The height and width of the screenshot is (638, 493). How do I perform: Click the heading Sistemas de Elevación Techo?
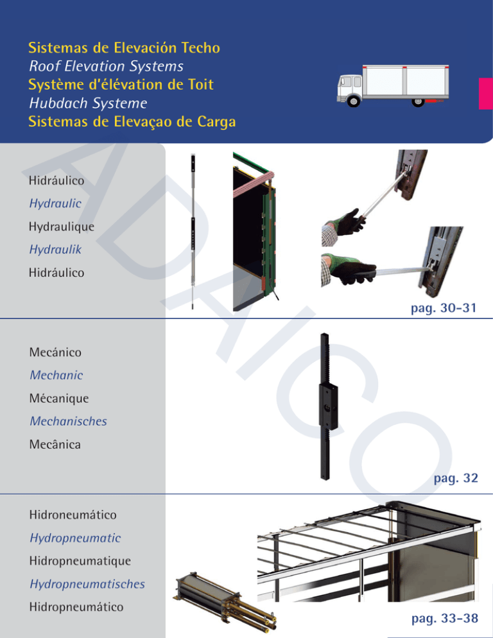(125, 48)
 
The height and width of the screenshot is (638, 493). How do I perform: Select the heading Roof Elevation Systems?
(106, 66)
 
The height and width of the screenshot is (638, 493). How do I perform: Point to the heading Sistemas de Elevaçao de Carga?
(130, 120)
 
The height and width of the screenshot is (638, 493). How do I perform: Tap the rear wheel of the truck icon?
(418, 101)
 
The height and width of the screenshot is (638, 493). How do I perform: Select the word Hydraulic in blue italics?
(55, 203)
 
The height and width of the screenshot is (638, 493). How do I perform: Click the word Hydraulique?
(62, 227)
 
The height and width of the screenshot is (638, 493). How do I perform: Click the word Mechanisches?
(67, 422)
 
